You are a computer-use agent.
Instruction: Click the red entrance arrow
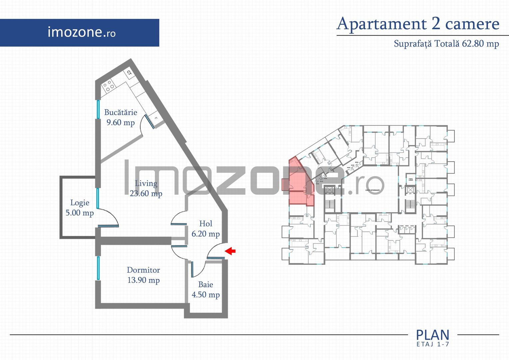point(230,251)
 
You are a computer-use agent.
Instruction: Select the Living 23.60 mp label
point(146,188)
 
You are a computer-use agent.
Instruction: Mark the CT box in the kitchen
point(129,73)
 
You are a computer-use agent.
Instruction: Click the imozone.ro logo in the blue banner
point(82,32)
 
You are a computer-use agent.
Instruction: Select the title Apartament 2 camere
point(418,24)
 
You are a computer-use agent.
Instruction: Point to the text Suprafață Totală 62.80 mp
point(446,44)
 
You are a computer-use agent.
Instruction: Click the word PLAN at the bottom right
point(433,335)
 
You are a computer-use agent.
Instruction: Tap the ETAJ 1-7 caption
point(433,344)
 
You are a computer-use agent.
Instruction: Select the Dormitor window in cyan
point(98,268)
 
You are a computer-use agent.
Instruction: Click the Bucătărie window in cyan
point(98,109)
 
